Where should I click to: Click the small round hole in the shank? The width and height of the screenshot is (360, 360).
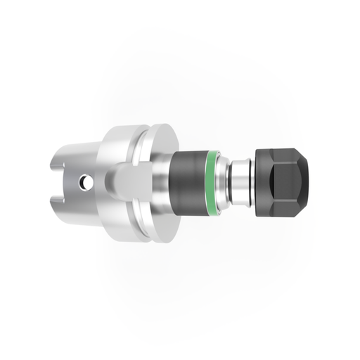click(x=84, y=181)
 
